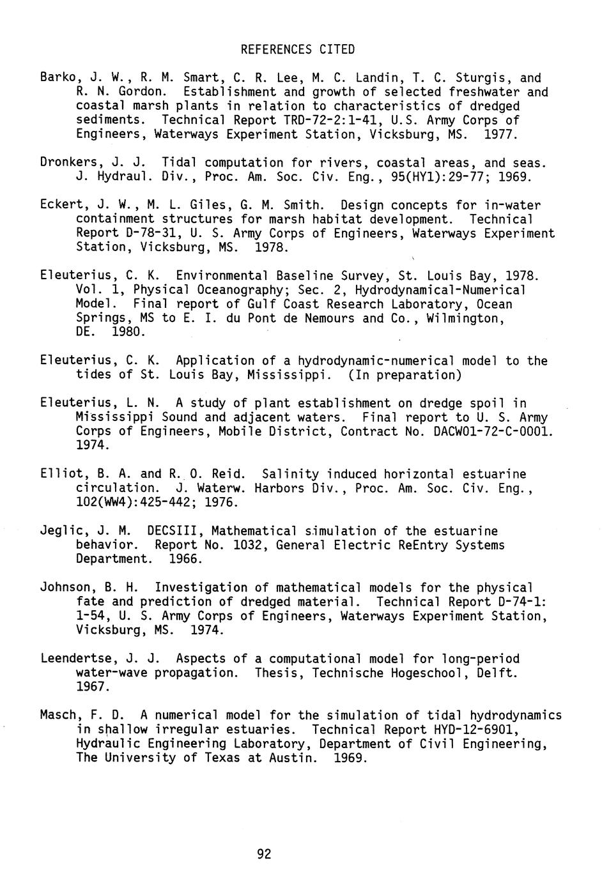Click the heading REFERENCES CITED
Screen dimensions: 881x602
[297, 49]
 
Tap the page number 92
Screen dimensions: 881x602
[264, 854]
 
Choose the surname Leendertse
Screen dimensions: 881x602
[75, 659]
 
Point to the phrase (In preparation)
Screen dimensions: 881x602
[405, 375]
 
